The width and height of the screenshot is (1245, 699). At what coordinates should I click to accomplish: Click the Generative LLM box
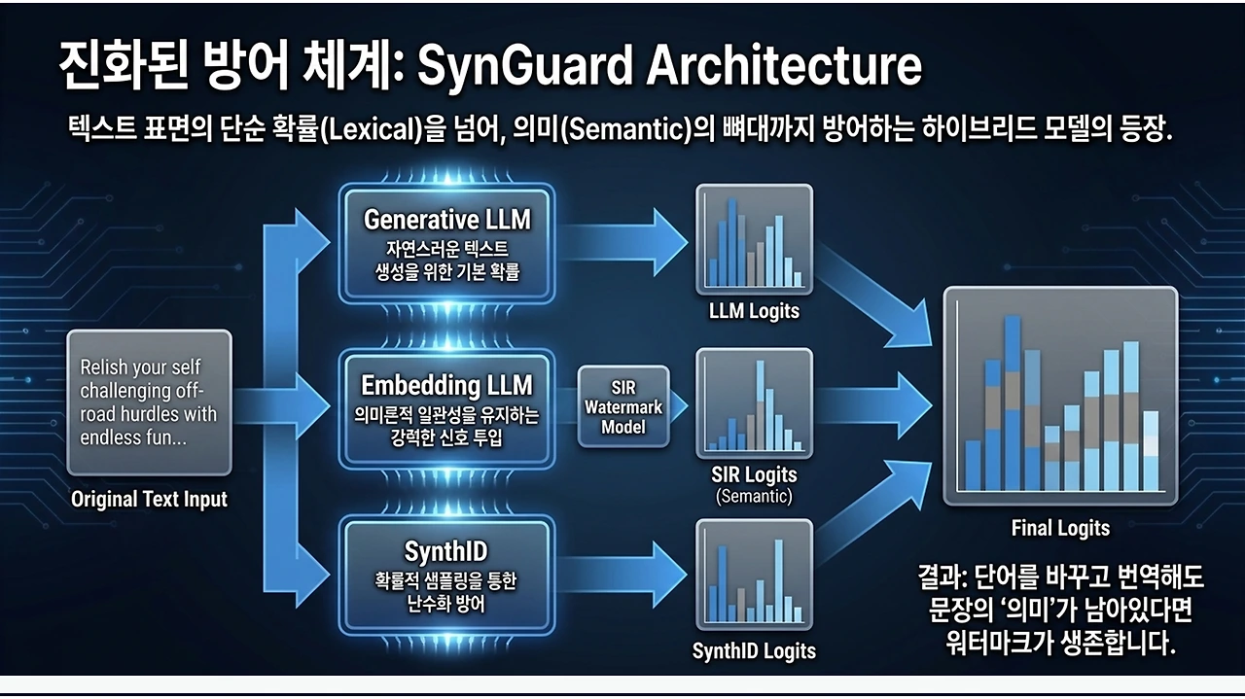(x=446, y=244)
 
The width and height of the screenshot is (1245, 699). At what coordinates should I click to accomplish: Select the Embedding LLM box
(x=446, y=409)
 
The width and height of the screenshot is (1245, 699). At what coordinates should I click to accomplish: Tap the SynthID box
(x=446, y=576)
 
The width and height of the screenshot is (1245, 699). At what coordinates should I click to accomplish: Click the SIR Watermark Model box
(x=623, y=406)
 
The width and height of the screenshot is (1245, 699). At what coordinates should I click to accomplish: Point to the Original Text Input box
(x=149, y=402)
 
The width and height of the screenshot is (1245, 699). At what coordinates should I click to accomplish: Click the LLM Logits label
(x=754, y=311)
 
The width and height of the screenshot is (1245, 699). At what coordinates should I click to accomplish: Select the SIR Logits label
(x=754, y=475)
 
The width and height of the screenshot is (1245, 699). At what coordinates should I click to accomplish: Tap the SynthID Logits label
(x=754, y=650)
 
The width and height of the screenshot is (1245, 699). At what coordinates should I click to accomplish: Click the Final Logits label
(x=1060, y=528)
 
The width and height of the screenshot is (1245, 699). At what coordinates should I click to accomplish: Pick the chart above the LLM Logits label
(x=754, y=239)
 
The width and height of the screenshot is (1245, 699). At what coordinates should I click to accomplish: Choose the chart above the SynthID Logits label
(x=754, y=575)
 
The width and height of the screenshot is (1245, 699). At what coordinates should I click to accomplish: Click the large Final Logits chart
(x=1060, y=397)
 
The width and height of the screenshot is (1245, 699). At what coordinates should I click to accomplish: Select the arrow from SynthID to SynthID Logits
(x=622, y=575)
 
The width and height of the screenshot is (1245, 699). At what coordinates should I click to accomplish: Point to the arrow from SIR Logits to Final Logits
(x=873, y=405)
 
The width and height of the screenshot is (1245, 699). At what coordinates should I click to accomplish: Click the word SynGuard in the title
(x=524, y=67)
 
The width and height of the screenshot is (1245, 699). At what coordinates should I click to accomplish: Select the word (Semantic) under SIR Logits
(x=754, y=496)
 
